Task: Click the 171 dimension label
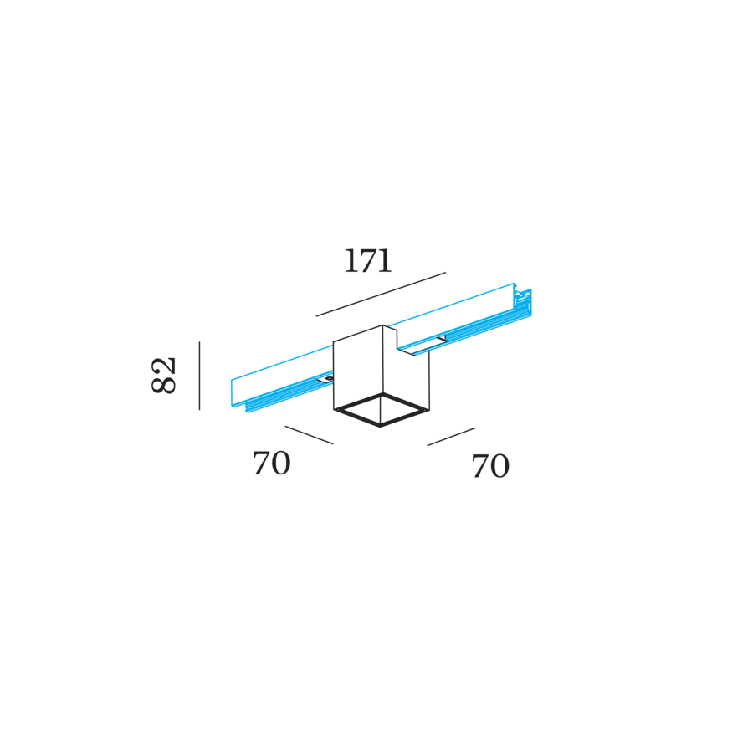click(x=367, y=262)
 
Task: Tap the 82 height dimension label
click(x=165, y=375)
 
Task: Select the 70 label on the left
click(x=272, y=464)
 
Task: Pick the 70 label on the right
click(x=490, y=467)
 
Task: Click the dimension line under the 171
click(x=381, y=295)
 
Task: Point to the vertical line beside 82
click(x=199, y=376)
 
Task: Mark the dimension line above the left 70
click(x=309, y=435)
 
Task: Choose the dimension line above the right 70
click(x=451, y=437)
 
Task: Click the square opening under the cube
click(x=382, y=410)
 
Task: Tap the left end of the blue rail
click(x=233, y=393)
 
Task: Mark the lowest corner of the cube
click(x=382, y=427)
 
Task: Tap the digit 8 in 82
click(x=165, y=385)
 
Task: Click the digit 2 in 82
click(x=165, y=365)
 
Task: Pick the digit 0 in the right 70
click(x=500, y=467)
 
